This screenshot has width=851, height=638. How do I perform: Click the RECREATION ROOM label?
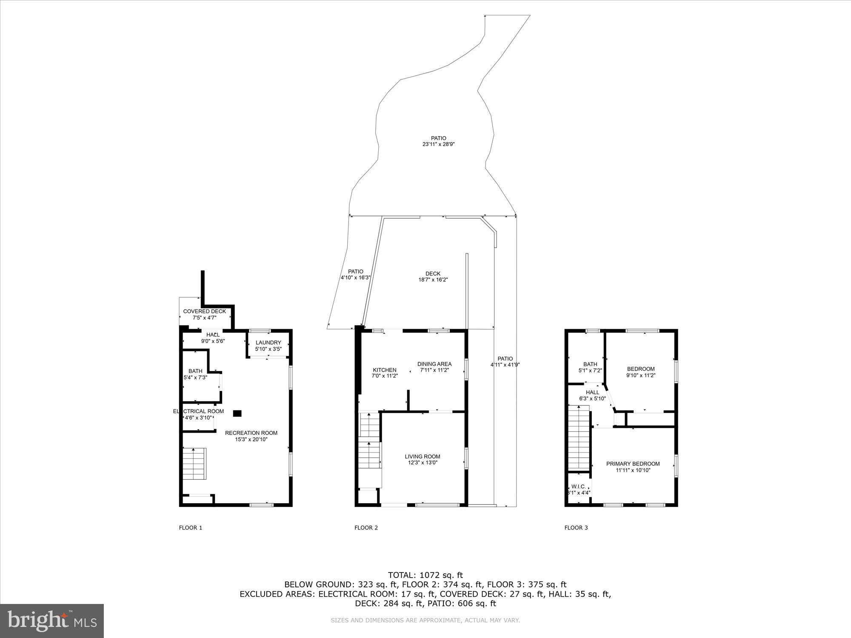pos(251,433)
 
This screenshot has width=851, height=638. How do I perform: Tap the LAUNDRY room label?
pos(268,343)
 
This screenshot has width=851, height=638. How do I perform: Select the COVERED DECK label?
pos(205,311)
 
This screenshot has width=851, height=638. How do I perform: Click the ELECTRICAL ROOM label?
pos(198,411)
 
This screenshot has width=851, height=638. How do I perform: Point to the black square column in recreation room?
pos(237,413)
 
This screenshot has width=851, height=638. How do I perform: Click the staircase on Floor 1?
pos(195,464)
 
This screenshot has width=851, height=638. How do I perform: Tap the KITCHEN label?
pos(385,370)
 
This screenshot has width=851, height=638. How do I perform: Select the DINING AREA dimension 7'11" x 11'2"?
pos(434,370)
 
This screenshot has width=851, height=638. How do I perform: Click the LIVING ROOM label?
pos(423,456)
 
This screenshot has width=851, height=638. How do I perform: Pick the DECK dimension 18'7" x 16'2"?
pos(433,280)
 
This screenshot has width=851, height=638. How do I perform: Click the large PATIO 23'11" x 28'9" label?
pos(438,138)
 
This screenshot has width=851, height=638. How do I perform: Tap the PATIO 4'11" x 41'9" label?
pos(505,359)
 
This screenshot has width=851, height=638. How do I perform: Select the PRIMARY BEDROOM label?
pos(633,464)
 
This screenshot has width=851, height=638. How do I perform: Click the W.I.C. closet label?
pos(579,487)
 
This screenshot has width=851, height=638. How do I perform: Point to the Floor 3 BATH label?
pos(590,364)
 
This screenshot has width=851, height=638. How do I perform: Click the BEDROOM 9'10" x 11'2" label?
pos(641,369)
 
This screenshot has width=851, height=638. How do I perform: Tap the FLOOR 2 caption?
pos(366,528)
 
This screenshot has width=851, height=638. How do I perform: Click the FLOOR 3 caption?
pos(576,528)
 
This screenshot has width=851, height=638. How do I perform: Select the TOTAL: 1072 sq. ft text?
pos(425,575)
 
